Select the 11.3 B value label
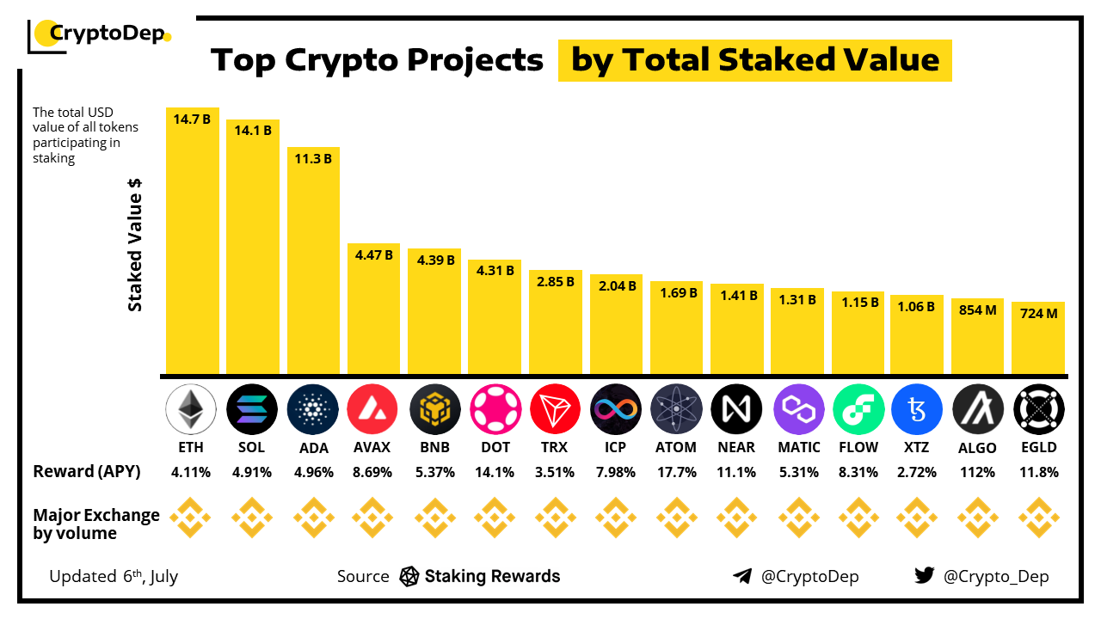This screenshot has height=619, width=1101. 313,158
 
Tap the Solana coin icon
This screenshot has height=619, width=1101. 252,409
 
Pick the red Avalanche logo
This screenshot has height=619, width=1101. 372,409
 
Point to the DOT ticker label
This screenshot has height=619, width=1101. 495,447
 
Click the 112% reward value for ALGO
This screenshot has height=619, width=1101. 978,472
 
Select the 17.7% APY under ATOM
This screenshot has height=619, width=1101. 676,472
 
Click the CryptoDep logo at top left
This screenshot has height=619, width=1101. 100,35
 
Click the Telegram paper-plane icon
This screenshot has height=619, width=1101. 742,576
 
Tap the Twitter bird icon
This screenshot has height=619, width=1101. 925,576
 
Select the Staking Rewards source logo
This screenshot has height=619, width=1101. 409,576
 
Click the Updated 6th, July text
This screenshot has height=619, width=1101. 114,576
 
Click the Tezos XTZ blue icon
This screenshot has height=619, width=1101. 918,409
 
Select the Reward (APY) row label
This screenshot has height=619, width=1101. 87,471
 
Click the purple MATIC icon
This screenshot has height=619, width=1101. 798,409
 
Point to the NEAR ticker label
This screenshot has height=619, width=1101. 737,447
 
